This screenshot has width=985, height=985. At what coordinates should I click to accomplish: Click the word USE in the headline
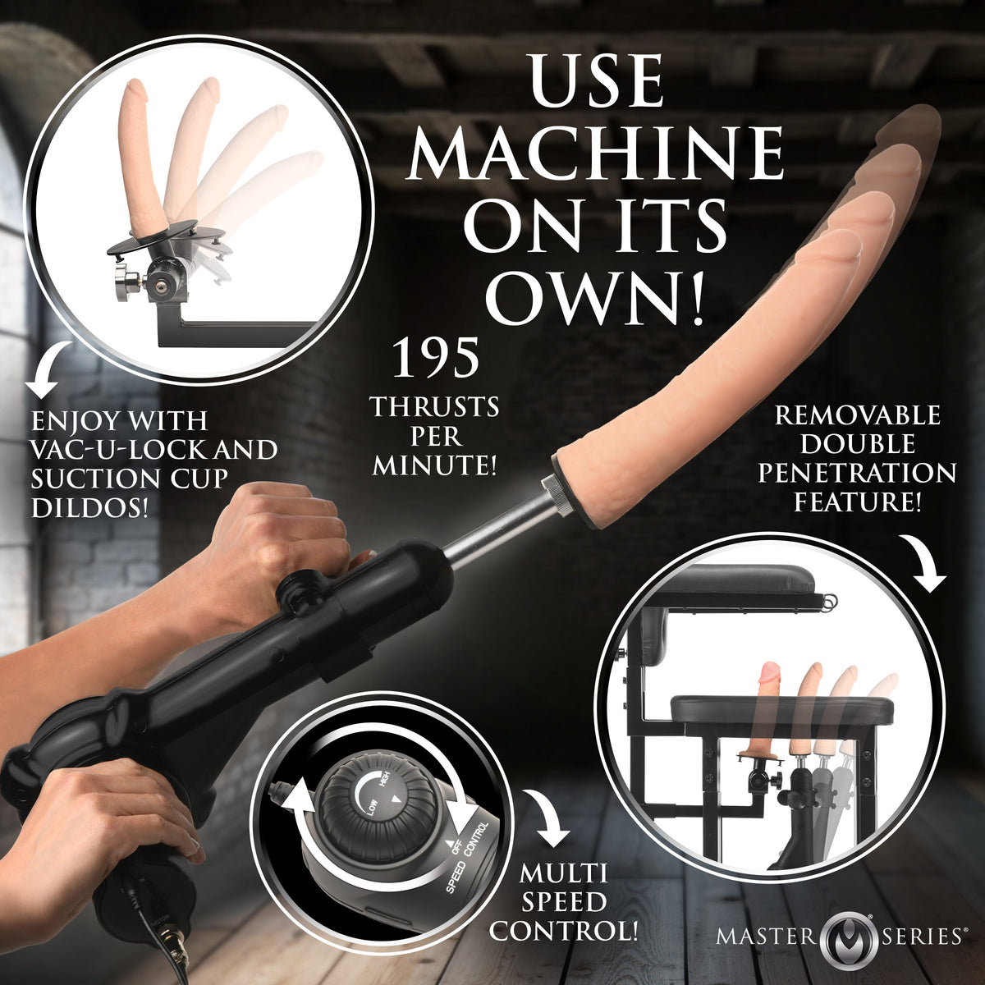596,81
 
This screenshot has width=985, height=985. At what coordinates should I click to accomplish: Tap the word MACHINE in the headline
596,153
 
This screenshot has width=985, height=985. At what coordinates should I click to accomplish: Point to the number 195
435,359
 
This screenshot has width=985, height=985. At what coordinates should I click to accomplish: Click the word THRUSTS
434,407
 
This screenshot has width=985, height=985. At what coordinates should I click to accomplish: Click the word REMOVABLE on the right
857,415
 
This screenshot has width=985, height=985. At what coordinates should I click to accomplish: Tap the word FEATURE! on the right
857,501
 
